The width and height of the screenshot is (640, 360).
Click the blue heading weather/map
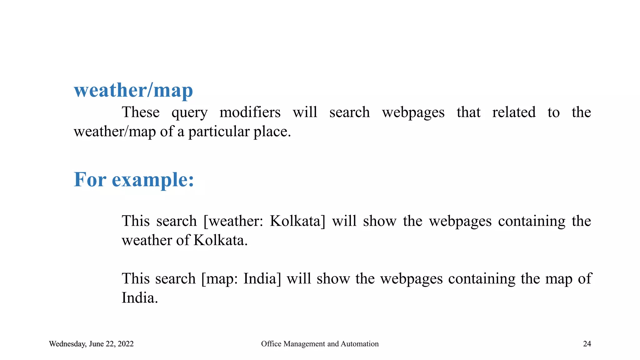tap(133, 91)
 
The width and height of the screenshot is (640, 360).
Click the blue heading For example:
tap(134, 180)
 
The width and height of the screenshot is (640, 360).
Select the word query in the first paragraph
tap(189, 112)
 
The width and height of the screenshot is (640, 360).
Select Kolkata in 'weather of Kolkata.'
tap(220, 241)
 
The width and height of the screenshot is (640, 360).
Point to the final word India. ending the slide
tap(140, 298)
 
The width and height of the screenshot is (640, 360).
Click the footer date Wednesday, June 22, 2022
tap(91, 344)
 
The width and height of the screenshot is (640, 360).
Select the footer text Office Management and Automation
tap(320, 344)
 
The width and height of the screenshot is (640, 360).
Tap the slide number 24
tap(587, 344)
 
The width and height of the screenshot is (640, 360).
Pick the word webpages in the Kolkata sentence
tap(460, 221)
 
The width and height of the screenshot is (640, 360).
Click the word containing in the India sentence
tap(482, 278)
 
